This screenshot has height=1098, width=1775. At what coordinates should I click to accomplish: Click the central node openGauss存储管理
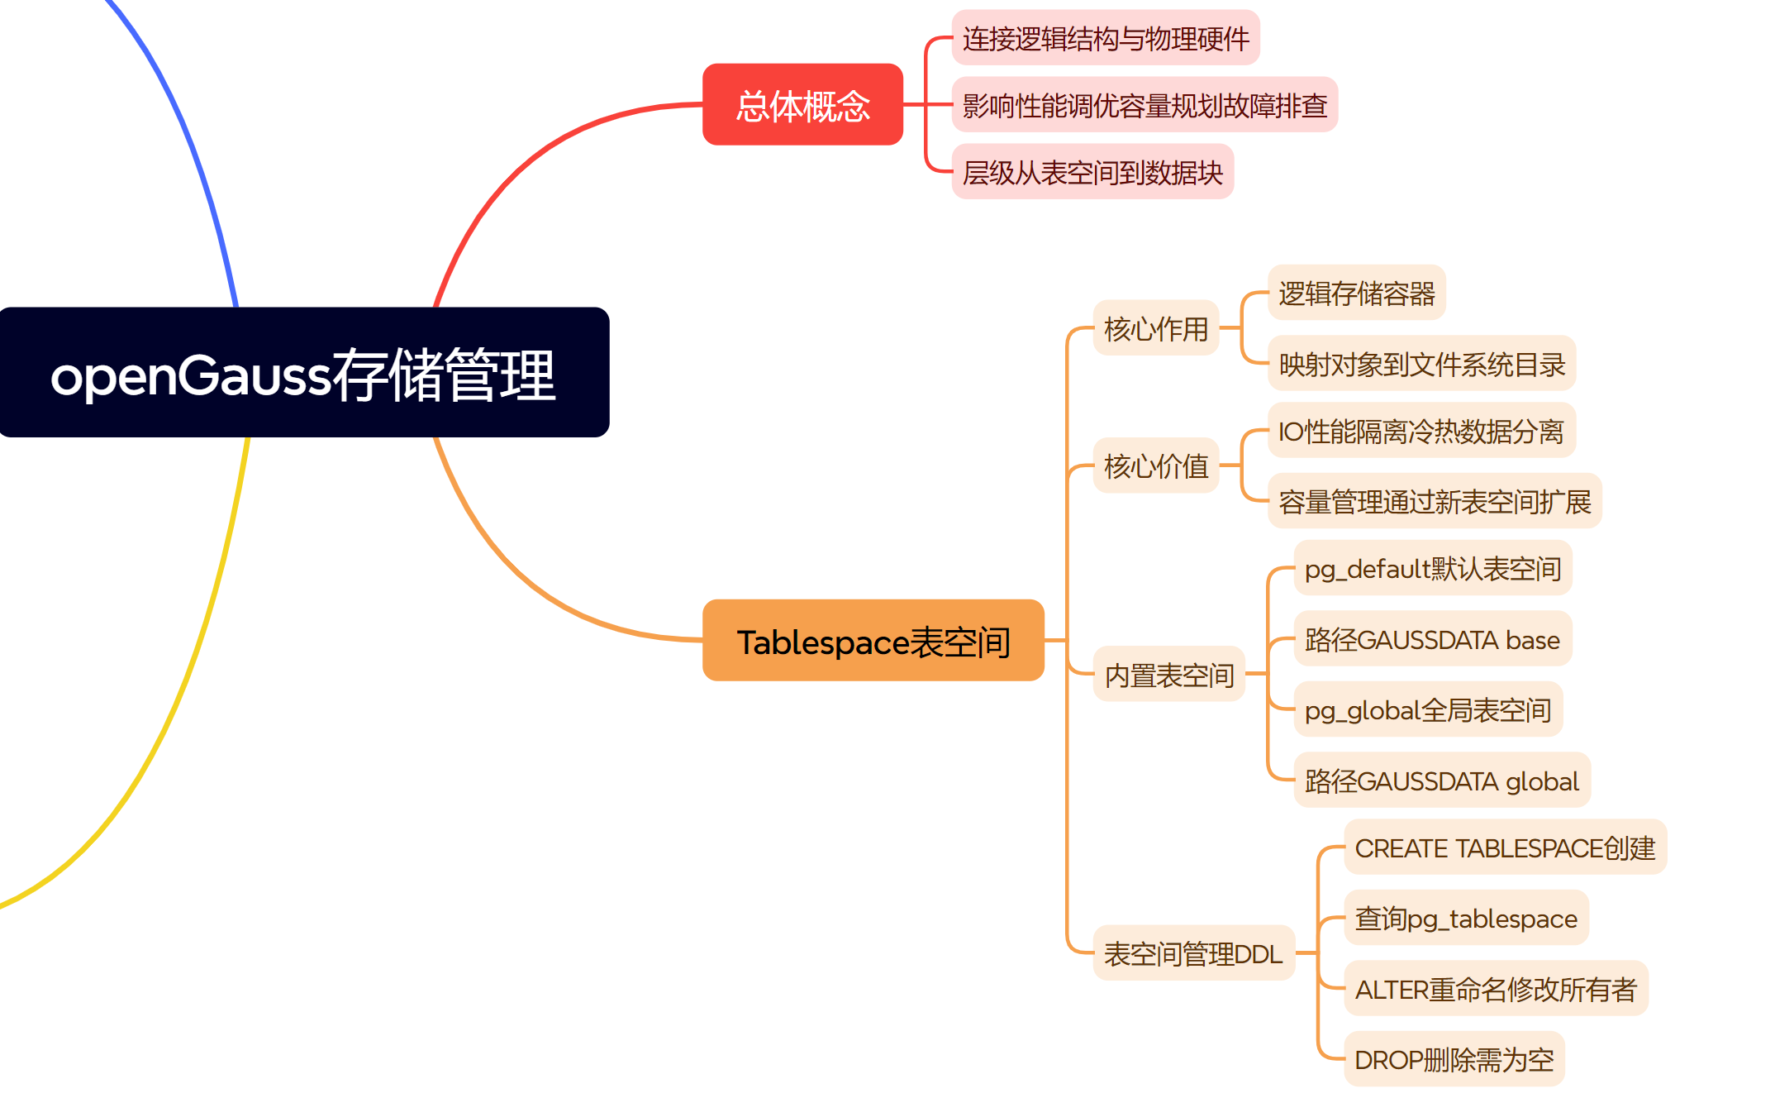(x=304, y=373)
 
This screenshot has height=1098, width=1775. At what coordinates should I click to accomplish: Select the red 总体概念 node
(x=802, y=105)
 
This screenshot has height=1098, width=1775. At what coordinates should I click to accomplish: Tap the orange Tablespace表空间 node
(x=873, y=641)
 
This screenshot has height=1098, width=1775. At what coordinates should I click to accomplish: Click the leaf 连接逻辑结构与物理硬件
(x=1105, y=38)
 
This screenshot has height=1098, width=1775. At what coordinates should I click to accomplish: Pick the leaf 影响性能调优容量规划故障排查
(x=1144, y=105)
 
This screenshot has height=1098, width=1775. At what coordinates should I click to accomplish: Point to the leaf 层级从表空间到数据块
(x=1092, y=172)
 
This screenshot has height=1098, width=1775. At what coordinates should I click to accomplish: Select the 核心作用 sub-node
(x=1155, y=328)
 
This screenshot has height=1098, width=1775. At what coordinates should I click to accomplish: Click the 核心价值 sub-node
(x=1155, y=465)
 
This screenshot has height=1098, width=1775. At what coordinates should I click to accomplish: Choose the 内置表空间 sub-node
(x=1168, y=675)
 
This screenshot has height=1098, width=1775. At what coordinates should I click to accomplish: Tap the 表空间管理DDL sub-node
(x=1192, y=953)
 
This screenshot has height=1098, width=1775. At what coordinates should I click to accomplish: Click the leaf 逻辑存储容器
(x=1356, y=293)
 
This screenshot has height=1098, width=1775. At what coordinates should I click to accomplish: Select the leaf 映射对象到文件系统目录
(x=1421, y=364)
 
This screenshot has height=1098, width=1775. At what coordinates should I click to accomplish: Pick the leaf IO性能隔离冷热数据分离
(x=1420, y=431)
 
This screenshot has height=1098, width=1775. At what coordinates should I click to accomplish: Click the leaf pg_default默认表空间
(x=1432, y=568)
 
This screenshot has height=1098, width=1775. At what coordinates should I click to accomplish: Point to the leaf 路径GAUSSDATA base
(x=1432, y=639)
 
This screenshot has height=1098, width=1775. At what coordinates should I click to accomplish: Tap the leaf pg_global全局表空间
(x=1427, y=709)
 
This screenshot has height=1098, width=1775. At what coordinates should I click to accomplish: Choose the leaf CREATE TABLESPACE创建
(x=1505, y=847)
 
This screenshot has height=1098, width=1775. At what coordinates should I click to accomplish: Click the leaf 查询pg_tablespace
(x=1465, y=918)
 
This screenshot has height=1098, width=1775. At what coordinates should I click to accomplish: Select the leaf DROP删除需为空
(x=1454, y=1059)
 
